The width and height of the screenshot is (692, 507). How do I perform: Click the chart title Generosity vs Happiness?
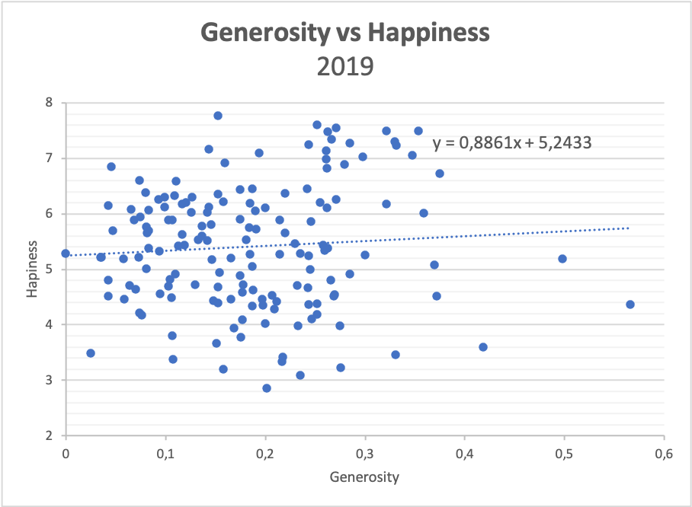click(344, 33)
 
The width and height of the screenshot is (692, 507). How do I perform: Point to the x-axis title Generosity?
click(364, 477)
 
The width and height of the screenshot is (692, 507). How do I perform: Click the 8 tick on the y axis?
click(49, 103)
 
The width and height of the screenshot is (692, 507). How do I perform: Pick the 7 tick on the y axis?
click(49, 158)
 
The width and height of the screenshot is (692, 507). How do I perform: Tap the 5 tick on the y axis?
click(49, 269)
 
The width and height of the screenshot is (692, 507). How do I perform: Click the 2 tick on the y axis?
click(49, 435)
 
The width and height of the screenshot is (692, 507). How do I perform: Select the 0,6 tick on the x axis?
click(664, 454)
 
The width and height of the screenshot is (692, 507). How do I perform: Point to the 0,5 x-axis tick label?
click(564, 454)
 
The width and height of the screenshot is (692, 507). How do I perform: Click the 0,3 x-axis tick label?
click(365, 454)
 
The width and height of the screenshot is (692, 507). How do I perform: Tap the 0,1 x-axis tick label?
click(165, 454)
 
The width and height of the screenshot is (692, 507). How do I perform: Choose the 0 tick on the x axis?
click(66, 454)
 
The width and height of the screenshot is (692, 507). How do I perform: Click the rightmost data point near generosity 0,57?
click(630, 305)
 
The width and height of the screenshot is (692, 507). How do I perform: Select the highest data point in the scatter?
click(218, 116)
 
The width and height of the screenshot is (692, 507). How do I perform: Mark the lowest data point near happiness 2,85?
click(267, 388)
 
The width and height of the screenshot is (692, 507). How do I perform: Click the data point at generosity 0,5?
click(562, 259)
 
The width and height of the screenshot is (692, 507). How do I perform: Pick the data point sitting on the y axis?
click(66, 253)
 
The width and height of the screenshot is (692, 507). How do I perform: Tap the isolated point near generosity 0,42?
click(483, 347)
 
